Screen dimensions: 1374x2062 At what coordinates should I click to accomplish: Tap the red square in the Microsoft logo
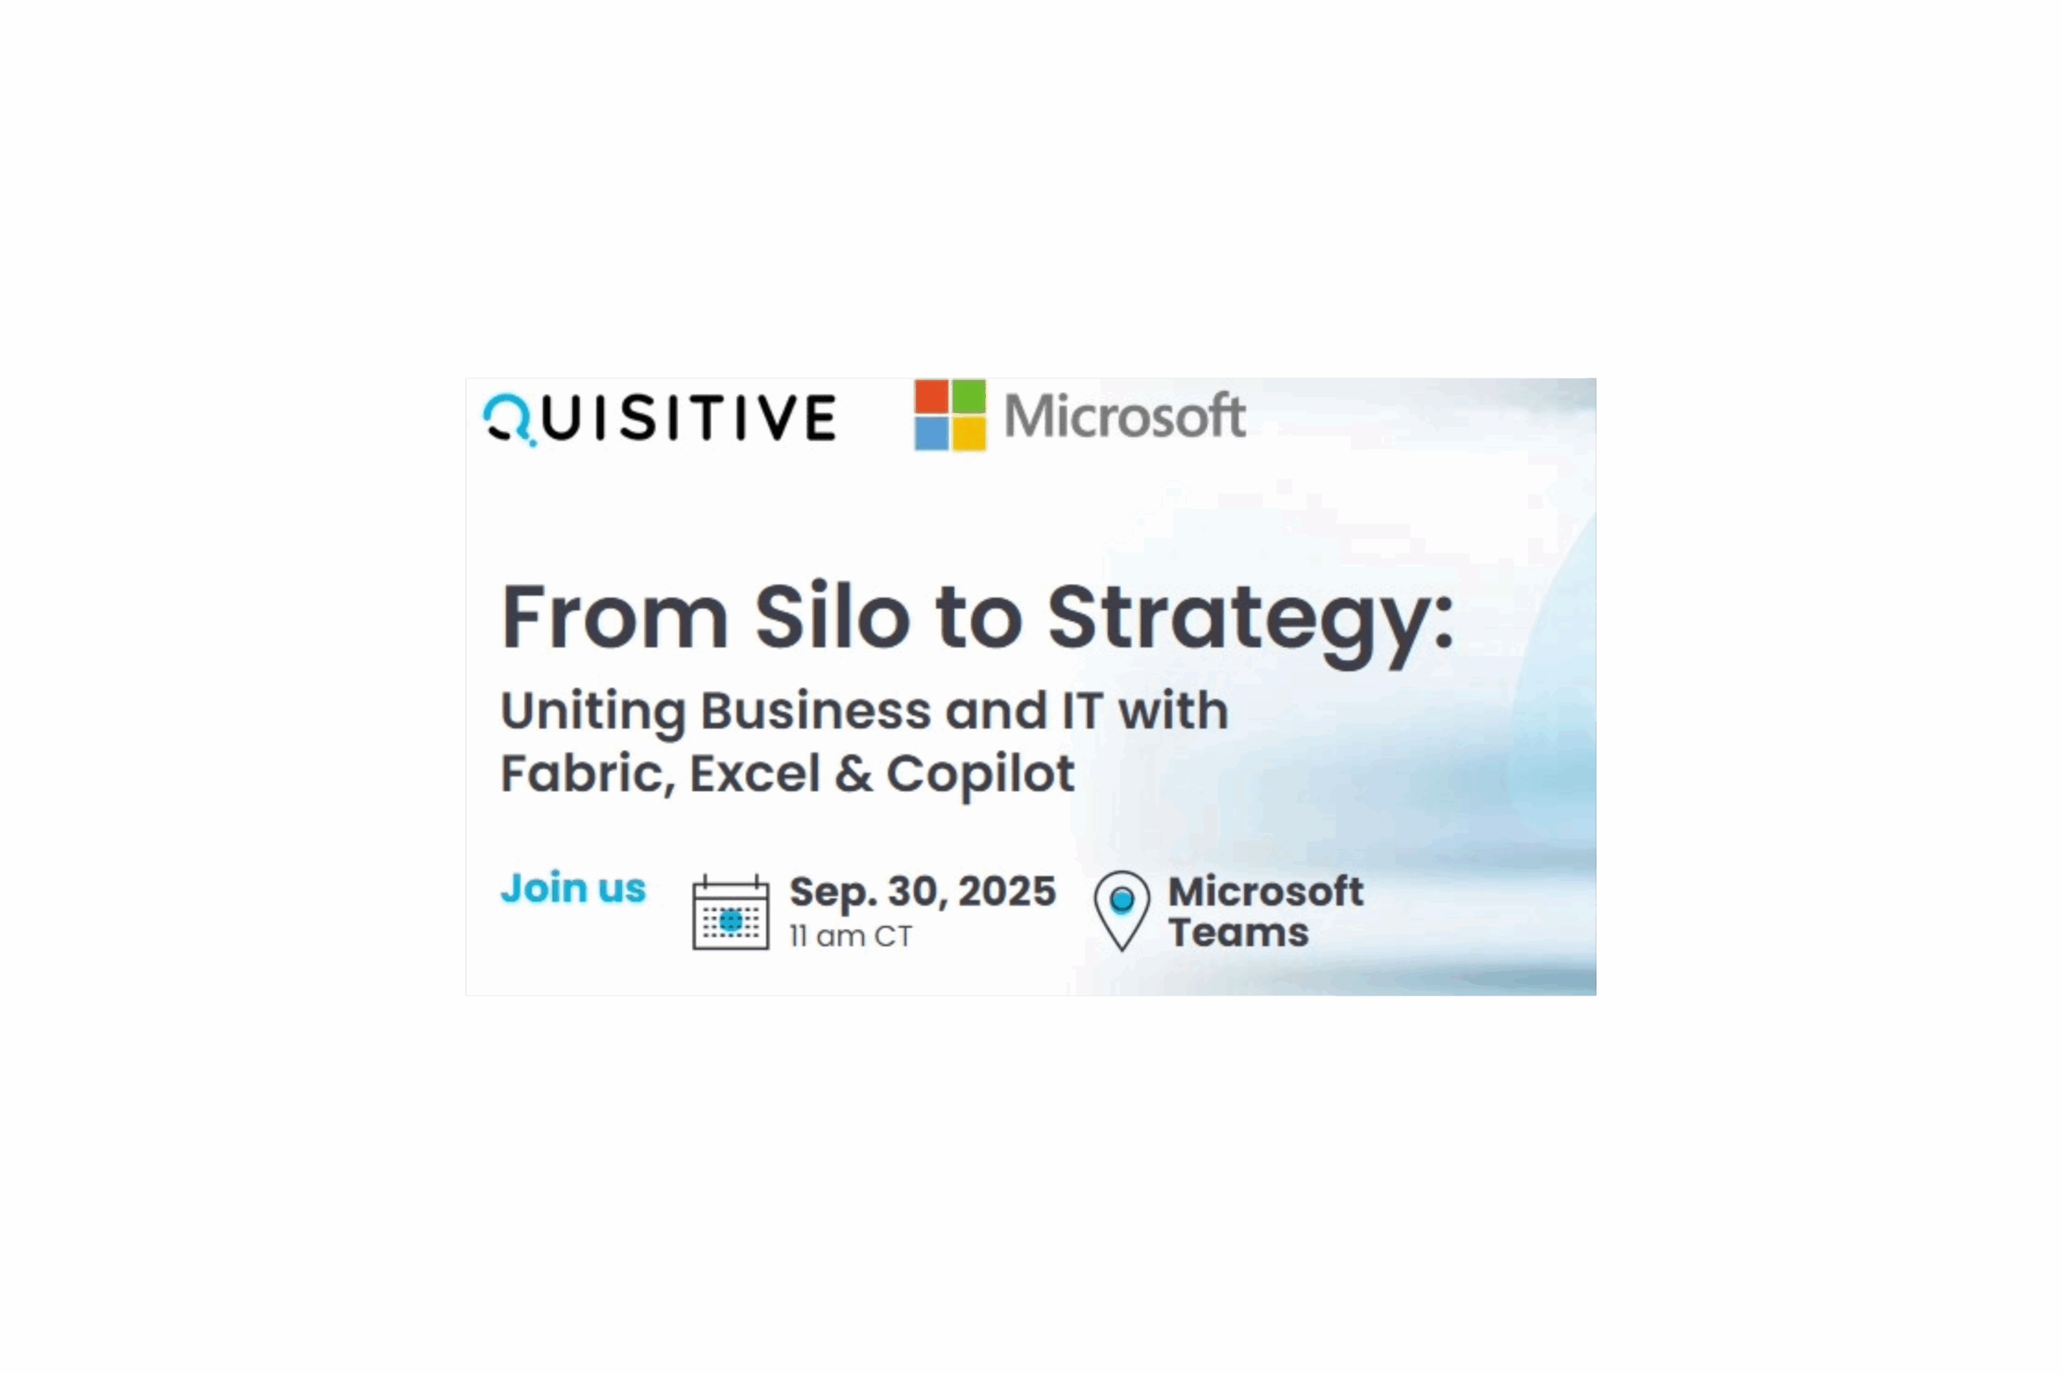[x=932, y=396]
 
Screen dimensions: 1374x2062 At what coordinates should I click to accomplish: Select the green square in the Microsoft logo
[x=968, y=396]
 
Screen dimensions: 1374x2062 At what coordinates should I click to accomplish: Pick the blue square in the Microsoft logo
[x=932, y=432]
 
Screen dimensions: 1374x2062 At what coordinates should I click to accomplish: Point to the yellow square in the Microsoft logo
[x=968, y=432]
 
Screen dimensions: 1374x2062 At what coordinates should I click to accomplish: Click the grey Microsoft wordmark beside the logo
[x=1124, y=416]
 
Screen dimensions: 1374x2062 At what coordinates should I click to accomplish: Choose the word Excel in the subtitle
[x=754, y=774]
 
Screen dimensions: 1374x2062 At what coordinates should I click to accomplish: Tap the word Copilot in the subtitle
[x=979, y=775]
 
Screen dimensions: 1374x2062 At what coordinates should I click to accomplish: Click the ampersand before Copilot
[x=853, y=774]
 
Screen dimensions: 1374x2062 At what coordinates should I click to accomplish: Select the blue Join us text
[x=573, y=888]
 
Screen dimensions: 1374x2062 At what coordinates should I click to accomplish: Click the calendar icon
[x=731, y=913]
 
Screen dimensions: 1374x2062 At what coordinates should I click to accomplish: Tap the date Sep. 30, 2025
[x=923, y=892]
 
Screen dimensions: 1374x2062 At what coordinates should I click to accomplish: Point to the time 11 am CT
[x=850, y=936]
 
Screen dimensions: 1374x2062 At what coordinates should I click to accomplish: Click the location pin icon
[x=1122, y=908]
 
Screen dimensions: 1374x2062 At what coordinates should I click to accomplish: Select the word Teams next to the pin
[x=1238, y=933]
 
